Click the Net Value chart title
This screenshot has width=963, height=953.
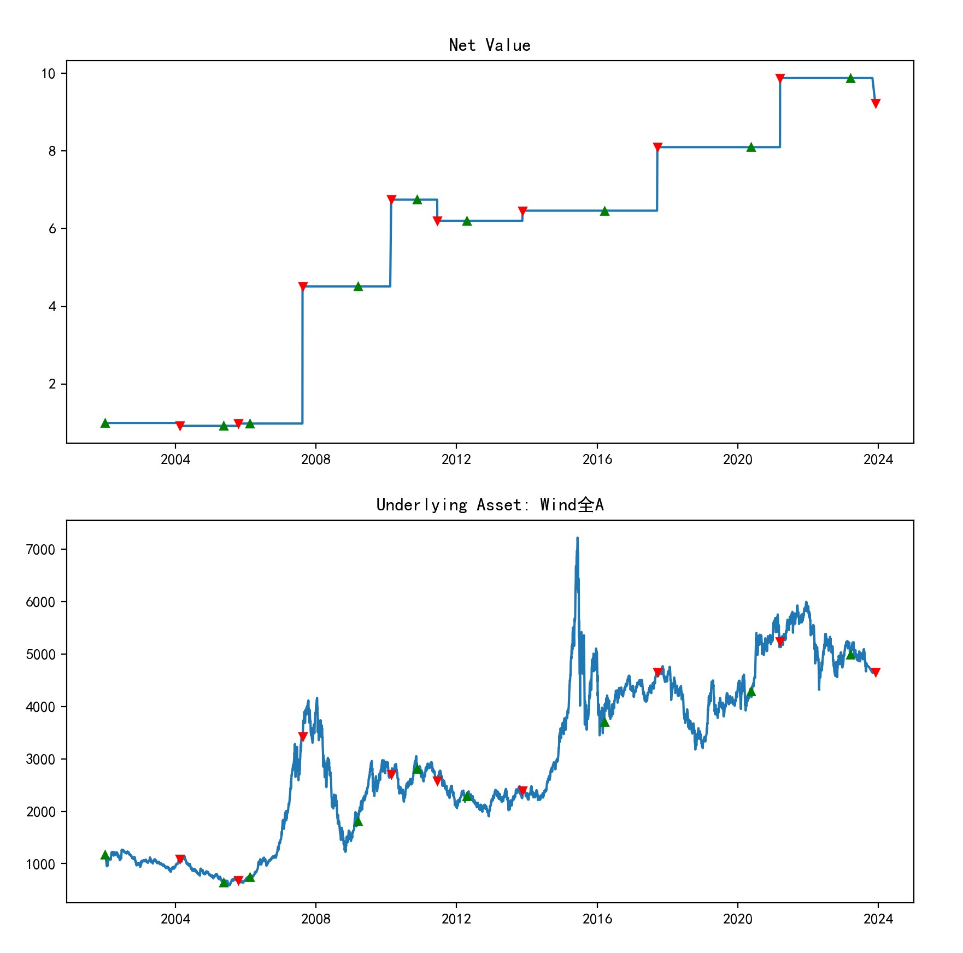click(x=489, y=45)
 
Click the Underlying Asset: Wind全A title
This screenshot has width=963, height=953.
click(x=490, y=504)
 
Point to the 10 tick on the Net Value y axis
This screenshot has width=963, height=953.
click(x=49, y=74)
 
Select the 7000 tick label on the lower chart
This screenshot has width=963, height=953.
click(x=40, y=550)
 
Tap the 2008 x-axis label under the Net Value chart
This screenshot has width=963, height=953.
click(x=315, y=460)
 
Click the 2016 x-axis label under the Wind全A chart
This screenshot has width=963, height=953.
click(x=597, y=919)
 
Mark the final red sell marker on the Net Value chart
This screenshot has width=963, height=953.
click(x=875, y=103)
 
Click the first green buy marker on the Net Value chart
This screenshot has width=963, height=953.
click(x=105, y=423)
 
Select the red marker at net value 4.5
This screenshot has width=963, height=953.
click(x=303, y=286)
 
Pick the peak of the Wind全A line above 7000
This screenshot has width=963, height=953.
click(x=577, y=538)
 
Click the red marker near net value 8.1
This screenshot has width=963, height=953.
click(x=657, y=147)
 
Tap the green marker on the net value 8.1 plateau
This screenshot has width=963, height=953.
click(x=751, y=147)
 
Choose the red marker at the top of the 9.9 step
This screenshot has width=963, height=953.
click(x=780, y=78)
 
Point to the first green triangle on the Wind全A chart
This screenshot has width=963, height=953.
click(x=105, y=855)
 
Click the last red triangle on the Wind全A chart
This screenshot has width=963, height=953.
click(x=875, y=672)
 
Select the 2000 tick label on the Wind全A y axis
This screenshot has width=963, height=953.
click(x=40, y=812)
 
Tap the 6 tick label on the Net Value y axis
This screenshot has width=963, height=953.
click(x=52, y=229)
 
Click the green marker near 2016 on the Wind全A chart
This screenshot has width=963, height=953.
click(x=604, y=722)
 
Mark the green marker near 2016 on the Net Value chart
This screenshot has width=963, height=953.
click(x=604, y=211)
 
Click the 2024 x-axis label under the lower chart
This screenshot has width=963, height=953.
click(x=878, y=919)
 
